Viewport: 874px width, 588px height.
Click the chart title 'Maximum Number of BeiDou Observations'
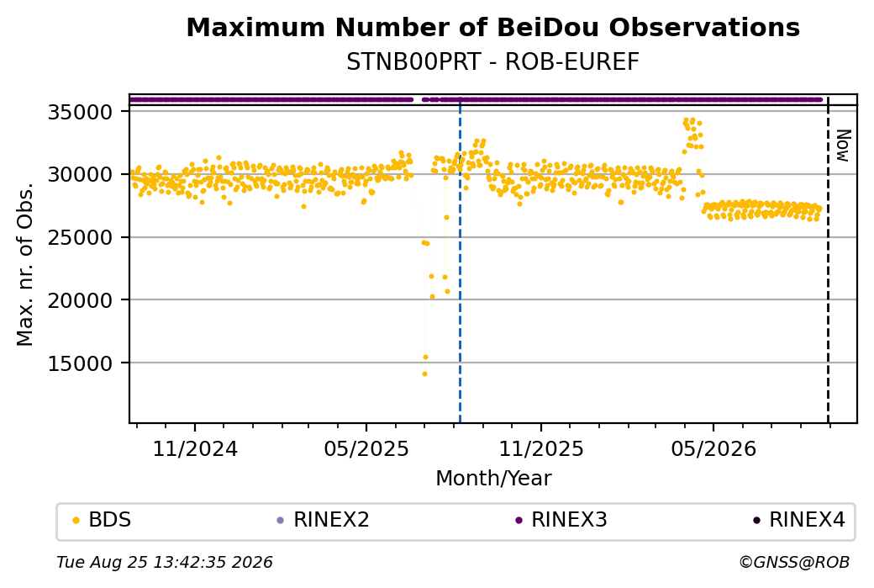(492, 28)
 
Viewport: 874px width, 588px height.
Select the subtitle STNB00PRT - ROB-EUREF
(492, 62)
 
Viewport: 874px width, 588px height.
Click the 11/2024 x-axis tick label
(195, 449)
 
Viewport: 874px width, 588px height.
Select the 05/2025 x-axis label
(366, 449)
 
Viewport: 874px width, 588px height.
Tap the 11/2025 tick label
(541, 449)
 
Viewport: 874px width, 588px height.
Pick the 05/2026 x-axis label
(713, 449)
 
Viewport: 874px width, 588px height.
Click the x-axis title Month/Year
(493, 479)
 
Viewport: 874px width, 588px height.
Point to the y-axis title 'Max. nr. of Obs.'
(25, 264)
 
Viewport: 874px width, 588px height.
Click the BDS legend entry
(103, 520)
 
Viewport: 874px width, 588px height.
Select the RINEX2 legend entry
(324, 520)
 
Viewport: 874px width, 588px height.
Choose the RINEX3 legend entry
(561, 520)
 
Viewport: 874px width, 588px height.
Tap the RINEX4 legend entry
(798, 520)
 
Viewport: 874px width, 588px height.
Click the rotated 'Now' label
(844, 146)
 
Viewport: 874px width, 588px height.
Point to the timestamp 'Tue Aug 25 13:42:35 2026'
(165, 562)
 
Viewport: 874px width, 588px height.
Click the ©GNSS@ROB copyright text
(794, 562)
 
